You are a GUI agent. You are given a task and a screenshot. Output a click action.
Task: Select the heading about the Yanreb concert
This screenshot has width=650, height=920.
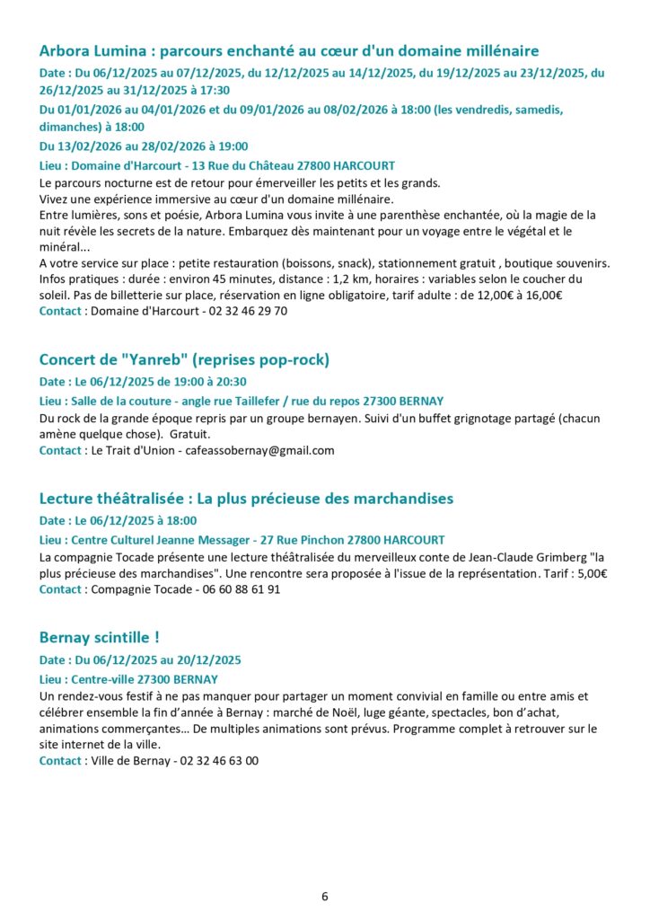coord(184,359)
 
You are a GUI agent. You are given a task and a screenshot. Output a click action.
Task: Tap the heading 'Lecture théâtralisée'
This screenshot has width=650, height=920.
coord(246,498)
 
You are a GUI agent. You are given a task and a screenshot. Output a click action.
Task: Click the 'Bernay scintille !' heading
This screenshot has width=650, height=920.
coord(99,637)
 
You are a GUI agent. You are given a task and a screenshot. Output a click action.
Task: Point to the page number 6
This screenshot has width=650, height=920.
coord(325,896)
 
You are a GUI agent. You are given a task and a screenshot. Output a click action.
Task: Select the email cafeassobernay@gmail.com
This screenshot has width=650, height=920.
coord(259,450)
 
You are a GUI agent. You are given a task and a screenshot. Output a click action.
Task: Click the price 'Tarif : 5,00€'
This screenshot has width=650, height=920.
coord(575,573)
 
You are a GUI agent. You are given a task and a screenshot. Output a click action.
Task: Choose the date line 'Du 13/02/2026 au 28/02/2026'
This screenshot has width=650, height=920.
coord(144,146)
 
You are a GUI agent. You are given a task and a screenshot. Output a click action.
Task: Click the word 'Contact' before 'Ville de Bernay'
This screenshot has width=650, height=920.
coord(60,760)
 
